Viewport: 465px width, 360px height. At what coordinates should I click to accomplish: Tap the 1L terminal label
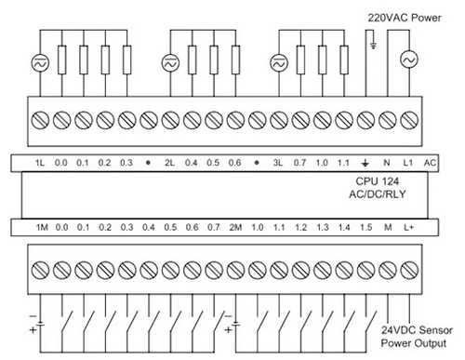click(40, 163)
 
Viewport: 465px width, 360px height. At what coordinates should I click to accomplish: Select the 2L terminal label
click(170, 163)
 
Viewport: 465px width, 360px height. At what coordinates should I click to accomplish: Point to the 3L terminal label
click(278, 163)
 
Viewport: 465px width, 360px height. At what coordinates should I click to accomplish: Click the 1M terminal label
click(41, 227)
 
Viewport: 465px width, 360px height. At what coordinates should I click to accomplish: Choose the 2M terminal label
click(236, 227)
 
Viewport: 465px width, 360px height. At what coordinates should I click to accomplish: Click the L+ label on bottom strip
click(410, 227)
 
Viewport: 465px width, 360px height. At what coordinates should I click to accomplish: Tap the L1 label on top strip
click(408, 163)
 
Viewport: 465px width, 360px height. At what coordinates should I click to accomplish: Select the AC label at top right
click(430, 163)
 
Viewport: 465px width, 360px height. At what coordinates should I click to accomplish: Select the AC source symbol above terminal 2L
click(170, 63)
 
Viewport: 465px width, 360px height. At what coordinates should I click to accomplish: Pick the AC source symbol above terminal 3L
click(278, 63)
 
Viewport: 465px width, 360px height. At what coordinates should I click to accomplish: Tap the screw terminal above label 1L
click(41, 120)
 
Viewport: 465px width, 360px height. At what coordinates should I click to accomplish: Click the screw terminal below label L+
click(410, 269)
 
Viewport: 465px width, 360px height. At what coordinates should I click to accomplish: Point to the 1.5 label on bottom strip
click(366, 227)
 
